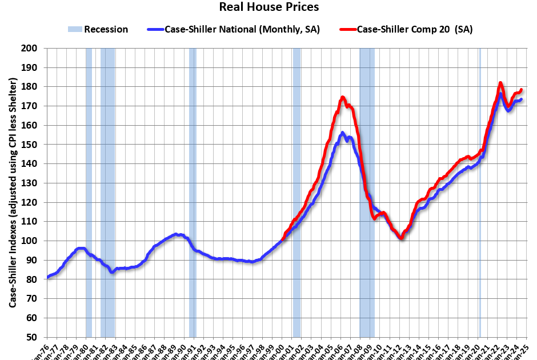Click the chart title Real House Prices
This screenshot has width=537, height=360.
[x=268, y=7]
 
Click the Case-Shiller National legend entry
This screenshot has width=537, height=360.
[x=241, y=29]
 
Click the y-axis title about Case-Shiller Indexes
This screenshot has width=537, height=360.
[x=12, y=193]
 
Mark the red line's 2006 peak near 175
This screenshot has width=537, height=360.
[x=343, y=97]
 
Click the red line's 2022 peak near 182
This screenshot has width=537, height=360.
[x=500, y=83]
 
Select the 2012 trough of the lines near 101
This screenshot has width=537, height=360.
[x=402, y=238]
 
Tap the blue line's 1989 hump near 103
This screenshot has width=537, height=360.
[x=177, y=234]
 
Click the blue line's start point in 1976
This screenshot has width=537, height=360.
[x=48, y=277]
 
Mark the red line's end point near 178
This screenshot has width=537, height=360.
[x=521, y=90]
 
